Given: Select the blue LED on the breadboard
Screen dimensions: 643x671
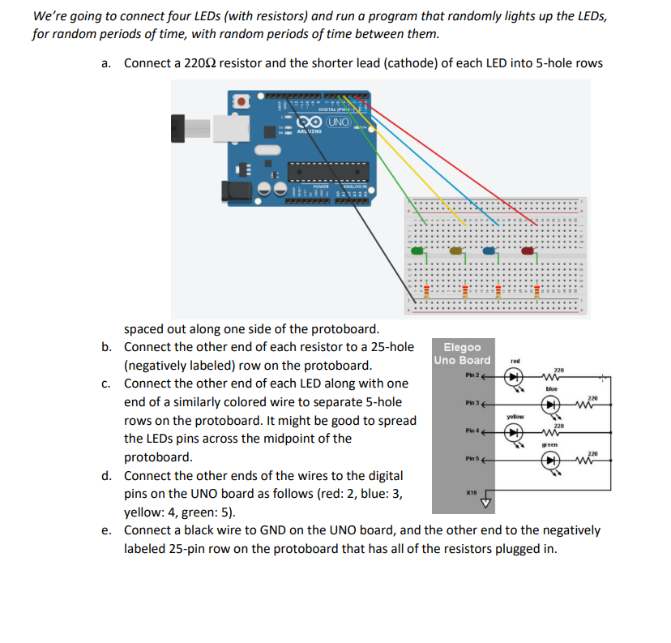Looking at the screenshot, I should click(x=495, y=253).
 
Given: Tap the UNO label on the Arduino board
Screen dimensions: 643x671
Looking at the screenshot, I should click(x=340, y=122).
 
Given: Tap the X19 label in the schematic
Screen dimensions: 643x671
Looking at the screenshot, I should click(x=472, y=492).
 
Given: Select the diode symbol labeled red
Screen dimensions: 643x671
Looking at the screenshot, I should click(x=512, y=376).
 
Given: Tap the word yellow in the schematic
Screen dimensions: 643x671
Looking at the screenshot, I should click(x=515, y=416).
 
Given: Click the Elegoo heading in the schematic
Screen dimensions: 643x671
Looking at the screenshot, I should click(x=462, y=347).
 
